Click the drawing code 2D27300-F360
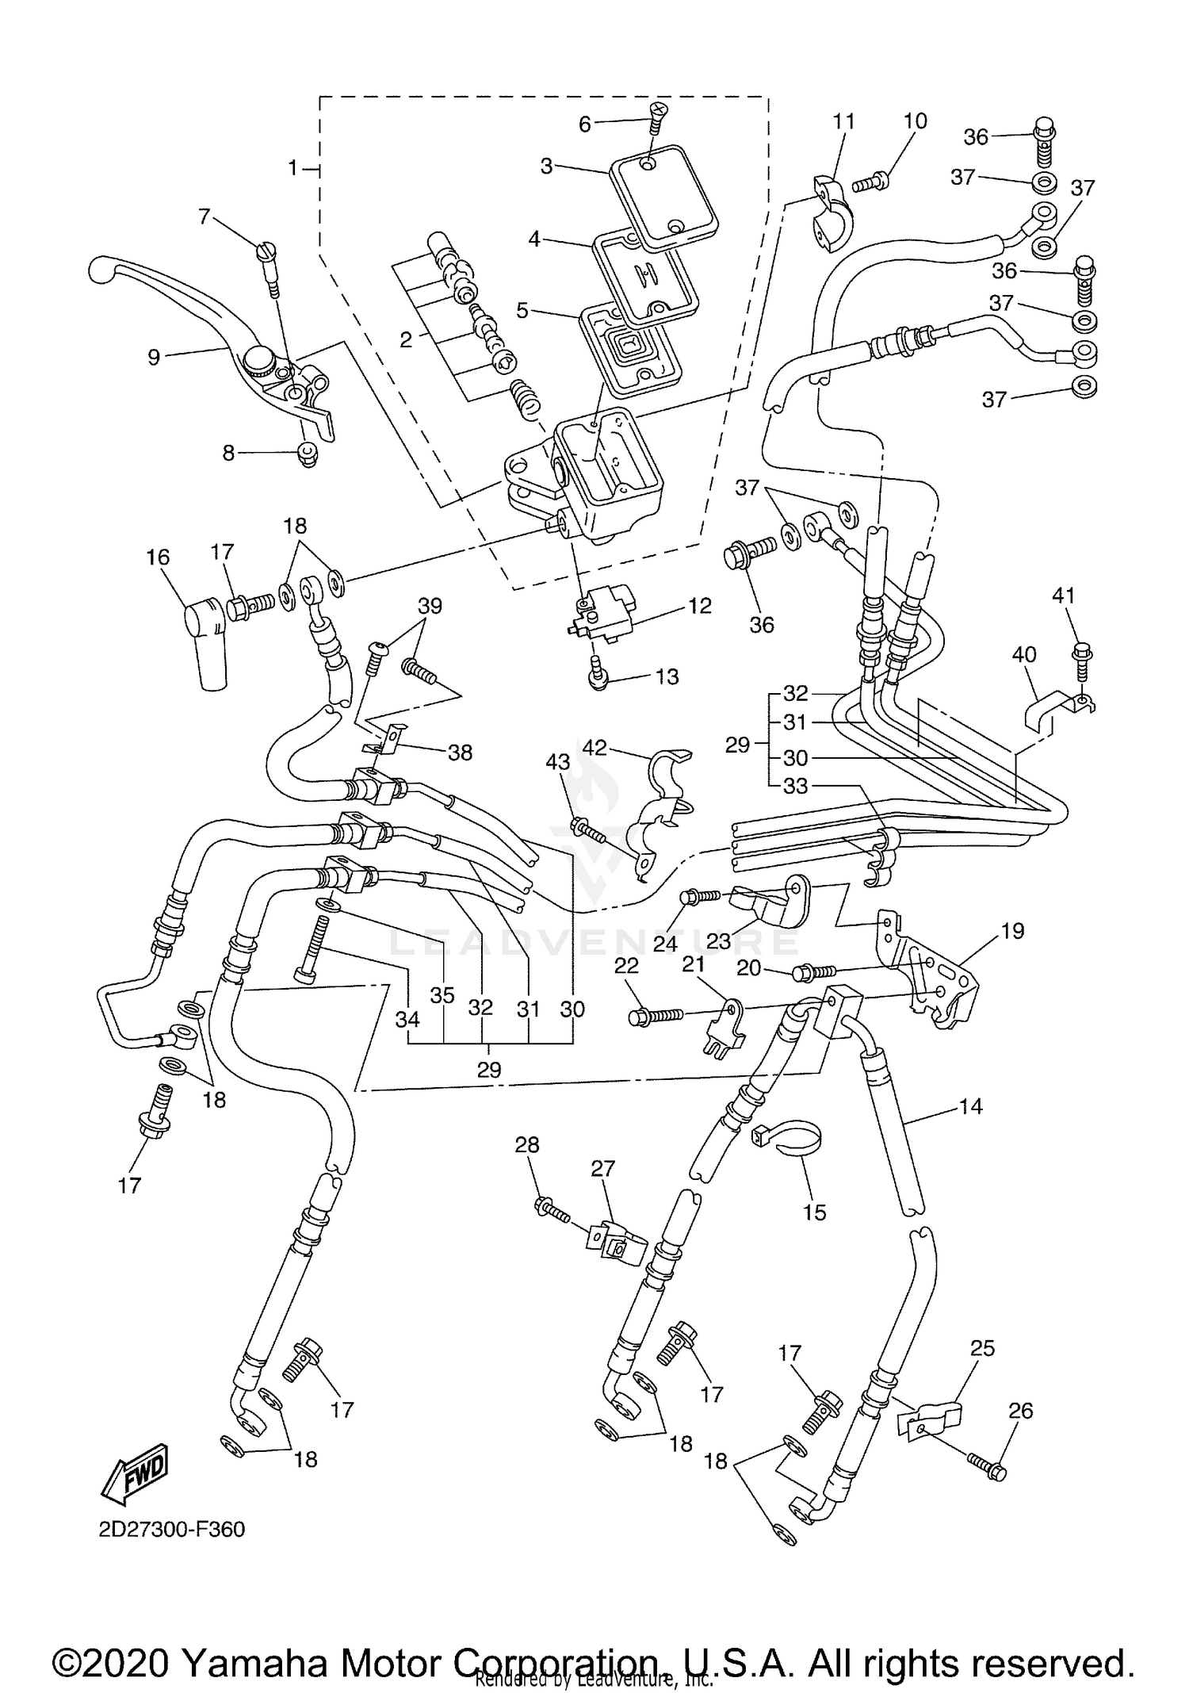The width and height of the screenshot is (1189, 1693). click(x=172, y=1530)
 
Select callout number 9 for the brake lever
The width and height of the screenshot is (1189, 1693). click(x=154, y=358)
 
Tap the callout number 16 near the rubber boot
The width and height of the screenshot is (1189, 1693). click(x=158, y=557)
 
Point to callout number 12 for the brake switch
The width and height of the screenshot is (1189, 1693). click(x=699, y=607)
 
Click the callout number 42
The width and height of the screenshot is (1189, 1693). click(x=594, y=747)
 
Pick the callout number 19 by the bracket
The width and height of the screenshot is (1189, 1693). click(x=1012, y=930)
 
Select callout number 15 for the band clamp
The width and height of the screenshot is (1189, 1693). click(x=814, y=1212)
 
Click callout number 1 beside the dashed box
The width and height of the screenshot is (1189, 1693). click(x=292, y=168)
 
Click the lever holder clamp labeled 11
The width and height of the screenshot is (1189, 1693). click(x=829, y=213)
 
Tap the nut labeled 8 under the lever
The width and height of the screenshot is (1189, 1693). click(x=308, y=455)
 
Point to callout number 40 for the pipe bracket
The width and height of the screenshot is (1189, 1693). click(x=1024, y=655)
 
